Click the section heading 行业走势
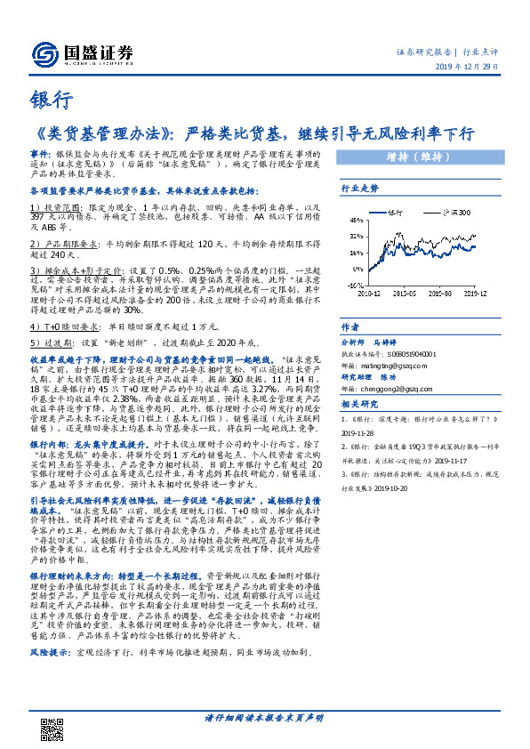click(360, 189)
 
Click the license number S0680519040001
click(404, 352)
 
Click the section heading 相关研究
click(360, 405)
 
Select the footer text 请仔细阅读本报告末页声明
click(264, 717)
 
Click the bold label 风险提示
click(48, 653)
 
